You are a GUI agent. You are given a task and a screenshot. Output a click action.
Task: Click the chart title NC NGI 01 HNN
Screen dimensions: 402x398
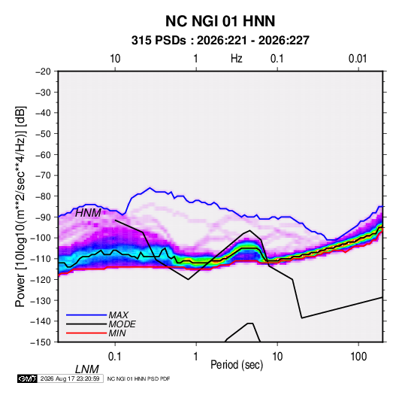[220, 21]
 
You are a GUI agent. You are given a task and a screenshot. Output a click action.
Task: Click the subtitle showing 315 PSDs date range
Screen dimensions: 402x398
[220, 41]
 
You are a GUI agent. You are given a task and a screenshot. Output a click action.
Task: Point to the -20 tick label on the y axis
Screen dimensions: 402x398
[43, 71]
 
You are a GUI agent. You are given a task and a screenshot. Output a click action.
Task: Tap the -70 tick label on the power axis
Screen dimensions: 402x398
[43, 175]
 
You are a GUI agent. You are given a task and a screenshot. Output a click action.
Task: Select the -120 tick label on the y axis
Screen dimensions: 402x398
[41, 280]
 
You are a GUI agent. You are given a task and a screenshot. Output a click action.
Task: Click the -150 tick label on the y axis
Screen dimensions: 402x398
[41, 342]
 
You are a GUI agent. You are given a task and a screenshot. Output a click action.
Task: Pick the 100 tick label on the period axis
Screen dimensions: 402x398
[358, 357]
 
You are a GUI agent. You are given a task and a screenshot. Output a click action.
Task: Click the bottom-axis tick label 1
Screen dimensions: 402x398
[196, 357]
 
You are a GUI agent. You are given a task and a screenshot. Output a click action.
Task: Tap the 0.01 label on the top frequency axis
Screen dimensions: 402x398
[358, 59]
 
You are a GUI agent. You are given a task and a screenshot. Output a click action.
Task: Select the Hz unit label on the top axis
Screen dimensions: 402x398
[236, 59]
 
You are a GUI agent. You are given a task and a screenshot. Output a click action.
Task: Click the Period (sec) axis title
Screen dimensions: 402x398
[237, 365]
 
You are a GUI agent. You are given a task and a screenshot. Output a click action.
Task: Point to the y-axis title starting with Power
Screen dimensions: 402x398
[20, 206]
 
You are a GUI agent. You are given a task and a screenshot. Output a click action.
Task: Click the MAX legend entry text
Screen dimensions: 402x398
[119, 314]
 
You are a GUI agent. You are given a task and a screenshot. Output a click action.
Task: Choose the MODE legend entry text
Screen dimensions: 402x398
[122, 324]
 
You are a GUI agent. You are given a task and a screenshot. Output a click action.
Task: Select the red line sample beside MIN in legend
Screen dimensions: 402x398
[86, 333]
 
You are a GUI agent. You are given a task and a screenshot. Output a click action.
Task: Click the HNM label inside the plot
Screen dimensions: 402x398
[88, 213]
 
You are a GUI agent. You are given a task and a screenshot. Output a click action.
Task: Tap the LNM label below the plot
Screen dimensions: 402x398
[86, 369]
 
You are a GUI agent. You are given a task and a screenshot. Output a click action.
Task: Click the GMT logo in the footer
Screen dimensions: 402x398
[27, 378]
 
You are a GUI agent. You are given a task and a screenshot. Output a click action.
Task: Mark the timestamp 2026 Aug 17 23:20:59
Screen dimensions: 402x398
[70, 378]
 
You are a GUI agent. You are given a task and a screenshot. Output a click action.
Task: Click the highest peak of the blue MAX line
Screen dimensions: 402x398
[150, 188]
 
